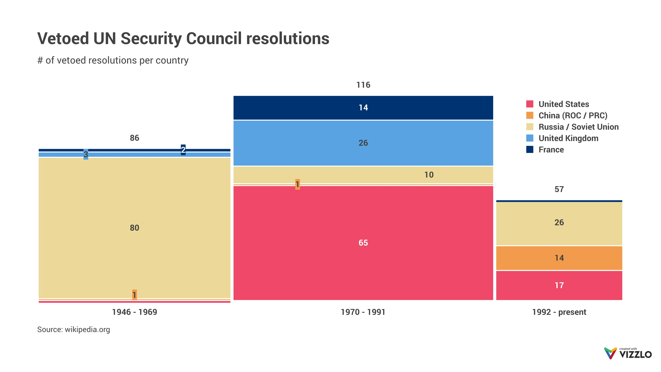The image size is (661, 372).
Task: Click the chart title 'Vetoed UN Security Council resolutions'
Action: pyautogui.click(x=183, y=39)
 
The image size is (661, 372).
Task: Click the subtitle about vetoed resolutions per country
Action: pyautogui.click(x=113, y=60)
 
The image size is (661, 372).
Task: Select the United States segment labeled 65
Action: pyautogui.click(x=363, y=243)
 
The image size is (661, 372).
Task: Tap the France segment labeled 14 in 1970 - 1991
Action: pyautogui.click(x=363, y=108)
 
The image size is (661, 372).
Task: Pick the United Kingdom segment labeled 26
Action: pyautogui.click(x=363, y=143)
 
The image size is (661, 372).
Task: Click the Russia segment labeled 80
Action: pyautogui.click(x=134, y=228)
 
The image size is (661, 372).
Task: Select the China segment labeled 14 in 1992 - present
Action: pyautogui.click(x=559, y=258)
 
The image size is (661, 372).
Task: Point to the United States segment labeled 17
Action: pyautogui.click(x=559, y=285)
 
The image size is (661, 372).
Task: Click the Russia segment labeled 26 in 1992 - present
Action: pyautogui.click(x=559, y=222)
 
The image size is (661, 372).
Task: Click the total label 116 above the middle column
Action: pyautogui.click(x=363, y=85)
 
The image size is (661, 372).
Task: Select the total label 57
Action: pyautogui.click(x=559, y=189)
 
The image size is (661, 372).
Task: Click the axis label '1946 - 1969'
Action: pyautogui.click(x=134, y=312)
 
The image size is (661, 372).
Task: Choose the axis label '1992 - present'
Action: pyautogui.click(x=559, y=312)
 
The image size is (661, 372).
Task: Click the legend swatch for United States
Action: pyautogui.click(x=530, y=104)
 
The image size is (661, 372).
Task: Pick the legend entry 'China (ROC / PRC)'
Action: pyautogui.click(x=573, y=116)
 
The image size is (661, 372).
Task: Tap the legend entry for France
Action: pyautogui.click(x=551, y=150)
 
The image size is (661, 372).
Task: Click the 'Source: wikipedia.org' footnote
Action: pyautogui.click(x=74, y=329)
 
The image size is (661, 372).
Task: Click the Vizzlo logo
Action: pyautogui.click(x=628, y=353)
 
